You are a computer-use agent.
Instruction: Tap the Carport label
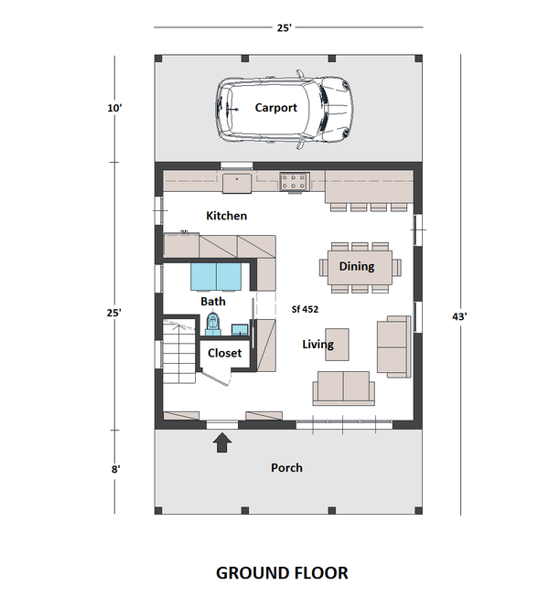pyautogui.click(x=275, y=108)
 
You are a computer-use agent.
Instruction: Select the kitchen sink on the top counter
pyautogui.click(x=238, y=182)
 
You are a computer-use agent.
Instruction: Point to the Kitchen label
pyautogui.click(x=226, y=216)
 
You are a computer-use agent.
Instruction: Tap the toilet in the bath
pyautogui.click(x=214, y=322)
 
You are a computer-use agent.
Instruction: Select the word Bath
pyautogui.click(x=212, y=301)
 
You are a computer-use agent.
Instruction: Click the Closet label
pyautogui.click(x=224, y=352)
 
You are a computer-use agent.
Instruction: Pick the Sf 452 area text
pyautogui.click(x=306, y=309)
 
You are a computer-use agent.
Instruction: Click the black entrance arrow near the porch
pyautogui.click(x=221, y=443)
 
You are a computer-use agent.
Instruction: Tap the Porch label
pyautogui.click(x=286, y=467)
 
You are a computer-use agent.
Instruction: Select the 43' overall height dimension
pyautogui.click(x=460, y=316)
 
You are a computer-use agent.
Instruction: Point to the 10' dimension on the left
pyautogui.click(x=114, y=108)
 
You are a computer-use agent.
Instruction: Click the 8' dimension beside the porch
pyautogui.click(x=115, y=468)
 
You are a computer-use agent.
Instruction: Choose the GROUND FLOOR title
pyautogui.click(x=282, y=573)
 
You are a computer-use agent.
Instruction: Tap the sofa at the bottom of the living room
pyautogui.click(x=342, y=388)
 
